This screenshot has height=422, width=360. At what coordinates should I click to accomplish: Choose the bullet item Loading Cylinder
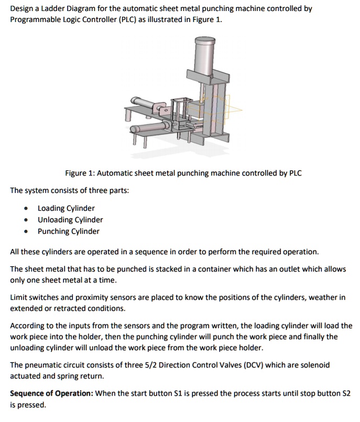click(x=66, y=208)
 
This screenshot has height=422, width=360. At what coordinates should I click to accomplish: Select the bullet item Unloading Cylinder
click(x=70, y=220)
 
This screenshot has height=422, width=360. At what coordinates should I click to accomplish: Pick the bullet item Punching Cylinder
click(x=68, y=231)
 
